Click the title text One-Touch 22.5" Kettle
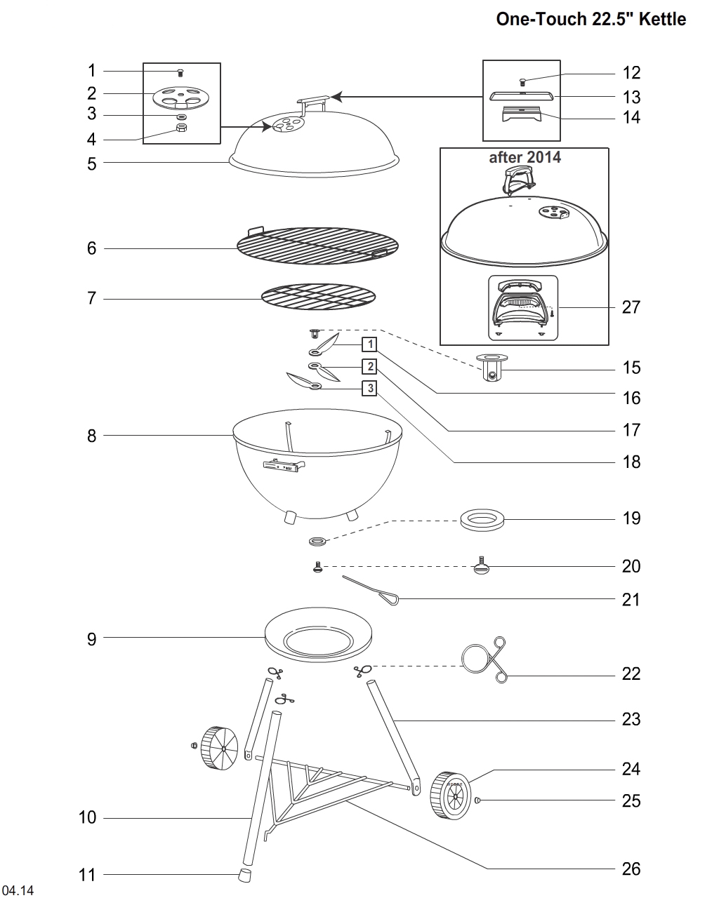click(591, 19)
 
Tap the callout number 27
click(631, 307)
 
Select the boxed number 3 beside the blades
click(369, 387)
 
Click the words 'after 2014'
click(525, 157)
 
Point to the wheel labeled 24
click(449, 794)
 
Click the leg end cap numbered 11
click(244, 875)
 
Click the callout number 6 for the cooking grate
click(92, 248)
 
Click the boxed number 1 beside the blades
click(369, 344)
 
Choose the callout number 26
click(631, 869)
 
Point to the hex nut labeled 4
click(180, 128)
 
